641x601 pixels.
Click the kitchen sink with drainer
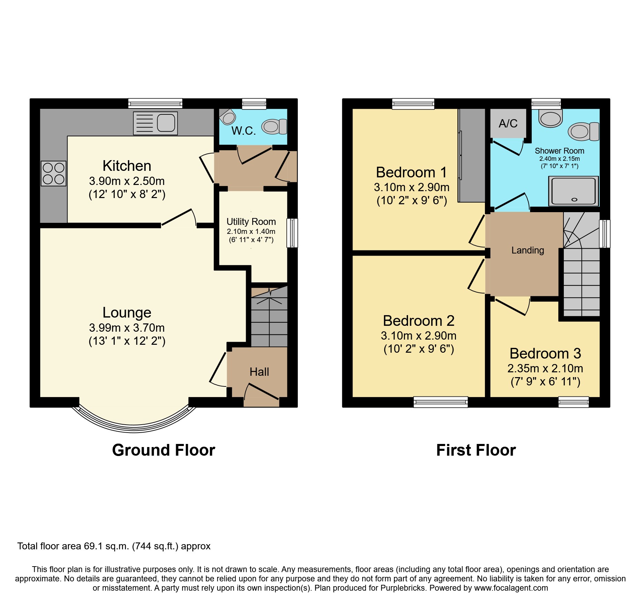(155, 123)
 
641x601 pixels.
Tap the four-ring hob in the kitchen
(53, 174)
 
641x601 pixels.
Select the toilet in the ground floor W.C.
(274, 126)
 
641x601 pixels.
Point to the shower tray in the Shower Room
(573, 191)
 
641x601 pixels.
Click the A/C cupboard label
(508, 123)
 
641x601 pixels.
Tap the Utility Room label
(251, 221)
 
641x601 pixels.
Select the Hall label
(259, 372)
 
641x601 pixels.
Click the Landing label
(528, 250)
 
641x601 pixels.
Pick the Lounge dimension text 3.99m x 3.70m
(127, 328)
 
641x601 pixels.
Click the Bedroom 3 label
(545, 353)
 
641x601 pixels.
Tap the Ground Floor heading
(164, 450)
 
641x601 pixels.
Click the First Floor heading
(476, 450)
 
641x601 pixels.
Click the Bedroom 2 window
(440, 402)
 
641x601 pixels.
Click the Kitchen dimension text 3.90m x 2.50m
(127, 181)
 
